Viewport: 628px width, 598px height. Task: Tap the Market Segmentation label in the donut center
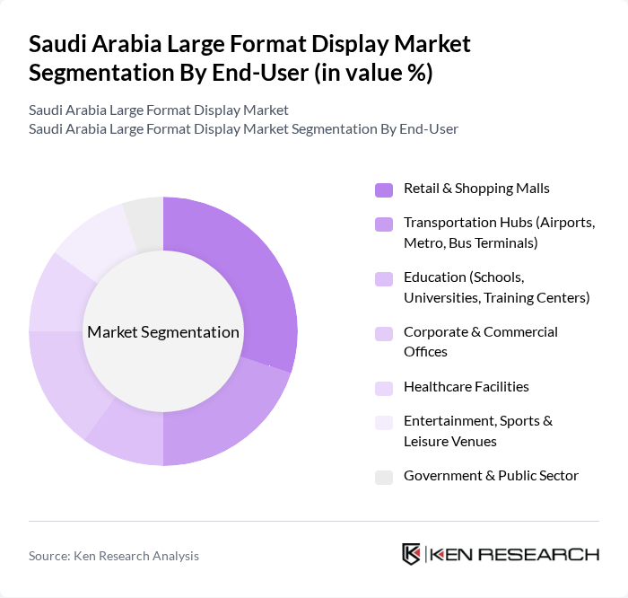point(163,332)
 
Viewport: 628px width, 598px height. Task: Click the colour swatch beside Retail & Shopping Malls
point(384,189)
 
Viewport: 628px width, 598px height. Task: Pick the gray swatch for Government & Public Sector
point(384,477)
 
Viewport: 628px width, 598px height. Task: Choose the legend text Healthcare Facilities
point(466,386)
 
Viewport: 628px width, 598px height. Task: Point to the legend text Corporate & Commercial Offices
point(480,341)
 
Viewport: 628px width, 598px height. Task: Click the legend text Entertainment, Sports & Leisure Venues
point(477,430)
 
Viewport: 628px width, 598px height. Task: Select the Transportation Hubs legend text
point(499,232)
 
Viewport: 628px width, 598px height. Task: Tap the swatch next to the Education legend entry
point(384,279)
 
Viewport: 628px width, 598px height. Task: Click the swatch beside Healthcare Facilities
point(384,388)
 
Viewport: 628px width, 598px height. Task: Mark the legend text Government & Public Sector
point(491,475)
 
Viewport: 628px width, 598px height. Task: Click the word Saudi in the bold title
point(58,44)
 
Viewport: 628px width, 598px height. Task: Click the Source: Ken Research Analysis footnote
point(114,556)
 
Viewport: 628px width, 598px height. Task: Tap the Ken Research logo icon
point(412,554)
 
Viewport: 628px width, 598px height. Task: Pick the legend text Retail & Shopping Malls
point(476,188)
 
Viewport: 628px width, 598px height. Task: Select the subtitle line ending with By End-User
point(243,128)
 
